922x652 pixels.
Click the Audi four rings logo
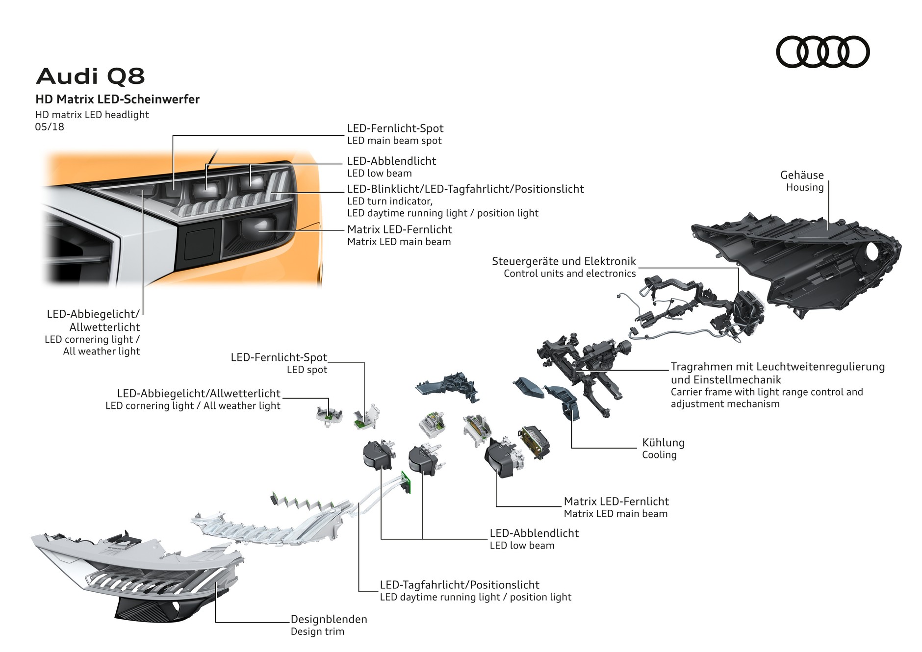[822, 52]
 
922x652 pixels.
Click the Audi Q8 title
[91, 76]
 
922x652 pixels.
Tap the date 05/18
[50, 127]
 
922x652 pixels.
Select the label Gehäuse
[802, 175]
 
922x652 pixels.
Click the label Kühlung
[663, 443]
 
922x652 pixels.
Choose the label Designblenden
[329, 619]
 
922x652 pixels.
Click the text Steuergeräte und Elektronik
[563, 261]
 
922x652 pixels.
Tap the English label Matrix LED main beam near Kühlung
[615, 514]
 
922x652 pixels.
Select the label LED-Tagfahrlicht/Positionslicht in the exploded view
[460, 585]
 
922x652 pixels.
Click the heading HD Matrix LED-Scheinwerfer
[117, 100]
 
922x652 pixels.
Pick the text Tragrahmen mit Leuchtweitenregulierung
[777, 367]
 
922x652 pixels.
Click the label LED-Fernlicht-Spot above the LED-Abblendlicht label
[395, 128]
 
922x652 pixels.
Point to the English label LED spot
[307, 370]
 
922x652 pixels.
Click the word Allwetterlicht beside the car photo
[104, 327]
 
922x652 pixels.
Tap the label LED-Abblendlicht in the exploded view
[534, 533]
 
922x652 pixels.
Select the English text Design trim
[317, 631]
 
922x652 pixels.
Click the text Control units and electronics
[569, 274]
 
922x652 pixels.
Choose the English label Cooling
[659, 455]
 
